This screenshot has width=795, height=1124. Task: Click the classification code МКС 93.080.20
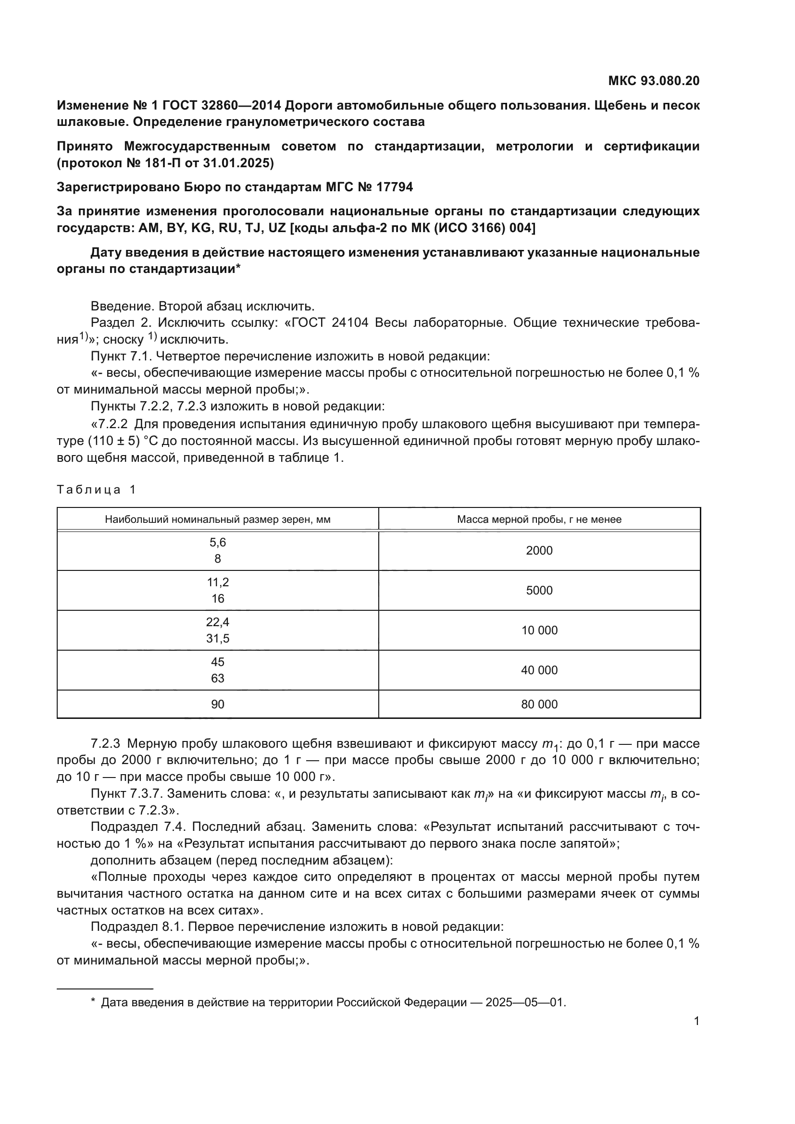654,81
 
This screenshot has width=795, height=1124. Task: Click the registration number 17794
395,187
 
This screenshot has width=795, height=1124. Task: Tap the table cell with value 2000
539,551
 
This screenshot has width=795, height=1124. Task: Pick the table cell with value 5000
539,591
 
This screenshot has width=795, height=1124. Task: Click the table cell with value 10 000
539,630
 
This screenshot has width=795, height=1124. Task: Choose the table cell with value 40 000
539,670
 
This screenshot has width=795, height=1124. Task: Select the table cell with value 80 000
539,704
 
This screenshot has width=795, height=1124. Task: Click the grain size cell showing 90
217,704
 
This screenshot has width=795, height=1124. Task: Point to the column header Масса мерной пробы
539,519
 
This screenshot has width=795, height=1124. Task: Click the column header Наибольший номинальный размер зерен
217,519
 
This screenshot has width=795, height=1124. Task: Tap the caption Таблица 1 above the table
97,490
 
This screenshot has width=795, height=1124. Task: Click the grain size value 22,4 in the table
217,622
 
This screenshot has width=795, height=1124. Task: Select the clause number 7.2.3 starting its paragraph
105,744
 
